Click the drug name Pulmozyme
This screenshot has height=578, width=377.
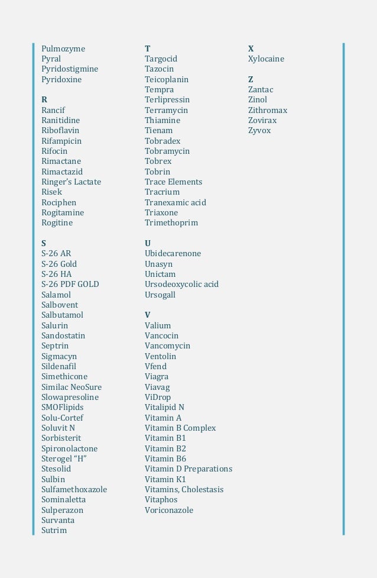[63, 49]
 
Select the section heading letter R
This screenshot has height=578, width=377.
[44, 100]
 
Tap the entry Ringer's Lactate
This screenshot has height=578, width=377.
[71, 182]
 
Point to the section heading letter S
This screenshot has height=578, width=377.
[44, 243]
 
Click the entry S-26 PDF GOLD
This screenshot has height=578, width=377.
[70, 285]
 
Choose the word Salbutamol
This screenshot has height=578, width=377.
[62, 315]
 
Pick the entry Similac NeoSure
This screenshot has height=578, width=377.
[71, 387]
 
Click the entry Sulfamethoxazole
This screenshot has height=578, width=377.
[74, 490]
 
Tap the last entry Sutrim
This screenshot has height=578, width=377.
[54, 531]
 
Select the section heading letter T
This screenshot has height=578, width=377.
[147, 49]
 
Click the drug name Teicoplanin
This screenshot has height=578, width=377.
[167, 79]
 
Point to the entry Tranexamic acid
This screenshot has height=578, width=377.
[175, 202]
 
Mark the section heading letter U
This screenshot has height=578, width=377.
[148, 243]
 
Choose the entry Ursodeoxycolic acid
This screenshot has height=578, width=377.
[181, 285]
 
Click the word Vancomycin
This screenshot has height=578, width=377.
[167, 346]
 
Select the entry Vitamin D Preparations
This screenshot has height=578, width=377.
[188, 469]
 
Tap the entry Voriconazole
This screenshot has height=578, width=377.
[169, 510]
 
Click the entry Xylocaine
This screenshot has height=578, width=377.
[266, 59]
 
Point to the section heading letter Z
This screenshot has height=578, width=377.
[251, 79]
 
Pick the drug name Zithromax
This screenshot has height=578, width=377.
[268, 110]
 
